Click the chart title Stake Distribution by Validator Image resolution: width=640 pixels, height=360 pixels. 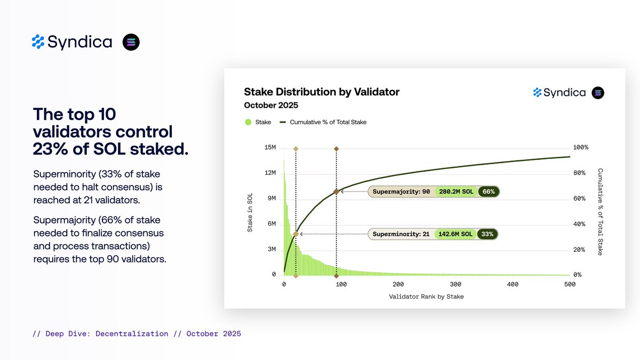click(x=321, y=92)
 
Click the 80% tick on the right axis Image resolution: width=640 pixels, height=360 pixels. click(x=580, y=173)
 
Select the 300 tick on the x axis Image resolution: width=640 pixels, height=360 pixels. click(x=455, y=285)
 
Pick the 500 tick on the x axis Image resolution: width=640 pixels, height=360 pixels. click(x=570, y=285)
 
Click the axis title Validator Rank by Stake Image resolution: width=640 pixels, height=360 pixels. click(x=426, y=297)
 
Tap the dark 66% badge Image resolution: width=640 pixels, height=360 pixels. click(x=487, y=191)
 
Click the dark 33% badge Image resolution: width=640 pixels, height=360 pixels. click(x=487, y=234)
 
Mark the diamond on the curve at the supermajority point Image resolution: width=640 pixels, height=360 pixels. click(x=336, y=191)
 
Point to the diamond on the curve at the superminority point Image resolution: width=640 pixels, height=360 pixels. click(x=295, y=234)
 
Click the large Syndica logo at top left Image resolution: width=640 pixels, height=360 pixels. click(x=72, y=42)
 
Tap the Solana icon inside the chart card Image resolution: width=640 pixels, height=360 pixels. click(x=598, y=93)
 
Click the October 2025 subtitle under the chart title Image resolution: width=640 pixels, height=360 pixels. click(x=271, y=105)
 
